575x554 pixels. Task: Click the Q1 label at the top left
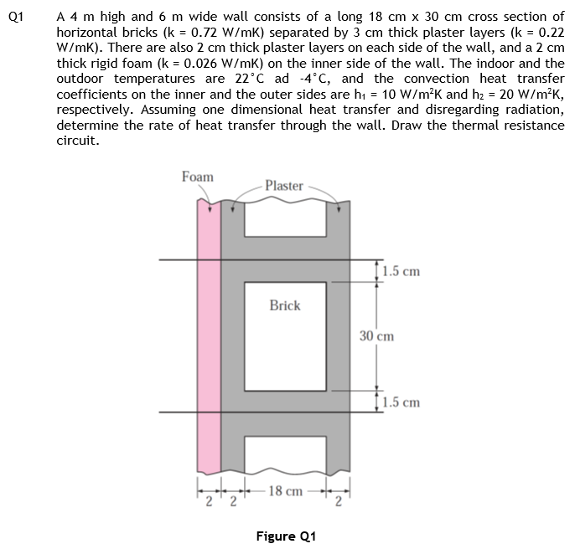13,16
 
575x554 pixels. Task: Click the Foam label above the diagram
198,177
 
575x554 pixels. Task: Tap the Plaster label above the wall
283,186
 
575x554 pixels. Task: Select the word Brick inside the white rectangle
285,305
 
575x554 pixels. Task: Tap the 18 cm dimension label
285,491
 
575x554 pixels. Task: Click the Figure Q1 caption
285,536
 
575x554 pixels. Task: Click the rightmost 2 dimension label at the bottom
339,500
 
